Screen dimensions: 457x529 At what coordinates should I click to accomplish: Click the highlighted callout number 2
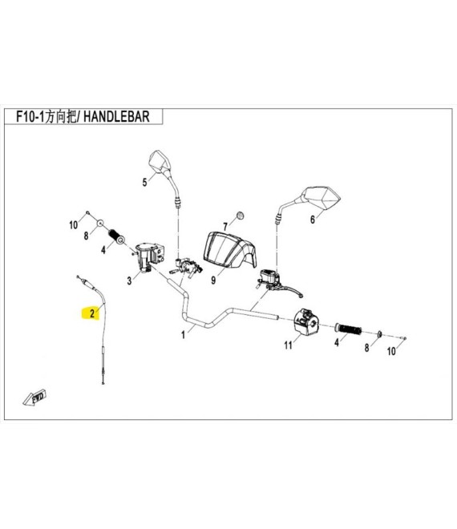[92, 313]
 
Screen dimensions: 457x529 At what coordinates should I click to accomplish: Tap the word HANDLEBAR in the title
[116, 117]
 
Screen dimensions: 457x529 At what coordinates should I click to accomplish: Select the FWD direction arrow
[35, 398]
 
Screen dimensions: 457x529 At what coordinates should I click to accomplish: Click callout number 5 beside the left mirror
[145, 183]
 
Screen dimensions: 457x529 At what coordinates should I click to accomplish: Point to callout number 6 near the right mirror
[313, 220]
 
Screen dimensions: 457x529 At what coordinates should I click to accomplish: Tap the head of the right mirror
[321, 198]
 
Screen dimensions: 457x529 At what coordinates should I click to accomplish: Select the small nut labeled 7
[240, 216]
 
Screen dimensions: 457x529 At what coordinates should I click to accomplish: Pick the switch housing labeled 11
[306, 322]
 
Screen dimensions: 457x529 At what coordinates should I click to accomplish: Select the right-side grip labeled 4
[348, 329]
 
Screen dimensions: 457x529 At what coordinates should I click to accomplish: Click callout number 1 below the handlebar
[184, 335]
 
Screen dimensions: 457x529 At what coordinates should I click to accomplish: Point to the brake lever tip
[301, 296]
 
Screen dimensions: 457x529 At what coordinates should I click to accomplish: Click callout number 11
[288, 345]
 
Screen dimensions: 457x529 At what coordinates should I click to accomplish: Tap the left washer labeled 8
[100, 223]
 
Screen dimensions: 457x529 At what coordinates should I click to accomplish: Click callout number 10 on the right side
[391, 351]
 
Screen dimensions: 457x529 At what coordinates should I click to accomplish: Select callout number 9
[213, 281]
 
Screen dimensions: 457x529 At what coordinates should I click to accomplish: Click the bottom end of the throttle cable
[103, 382]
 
